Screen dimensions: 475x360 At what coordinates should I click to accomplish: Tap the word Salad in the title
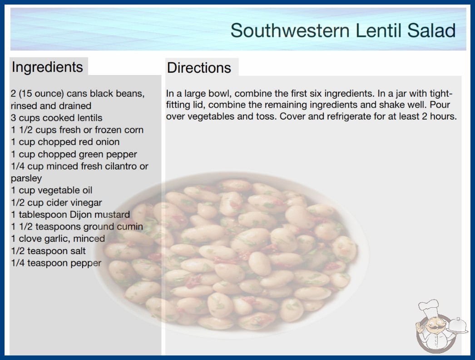point(431,30)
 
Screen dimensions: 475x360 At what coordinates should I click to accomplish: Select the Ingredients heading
point(47,67)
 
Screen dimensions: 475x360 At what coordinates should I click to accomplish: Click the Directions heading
point(199,68)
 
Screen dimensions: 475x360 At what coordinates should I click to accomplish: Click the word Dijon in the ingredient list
point(80,215)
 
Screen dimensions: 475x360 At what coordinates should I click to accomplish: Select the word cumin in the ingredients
point(131,226)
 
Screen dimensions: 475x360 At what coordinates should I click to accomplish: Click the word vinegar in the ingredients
point(86,203)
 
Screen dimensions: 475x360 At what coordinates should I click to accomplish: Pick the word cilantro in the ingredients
point(120,166)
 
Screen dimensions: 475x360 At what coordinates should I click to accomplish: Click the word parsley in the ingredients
point(26,179)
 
